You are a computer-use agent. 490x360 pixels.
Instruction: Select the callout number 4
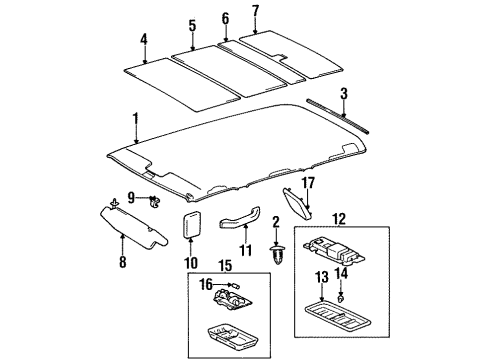click(x=144, y=41)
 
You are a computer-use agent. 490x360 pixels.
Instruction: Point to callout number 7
click(x=255, y=11)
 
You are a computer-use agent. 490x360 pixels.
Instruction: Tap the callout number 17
click(x=309, y=184)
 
